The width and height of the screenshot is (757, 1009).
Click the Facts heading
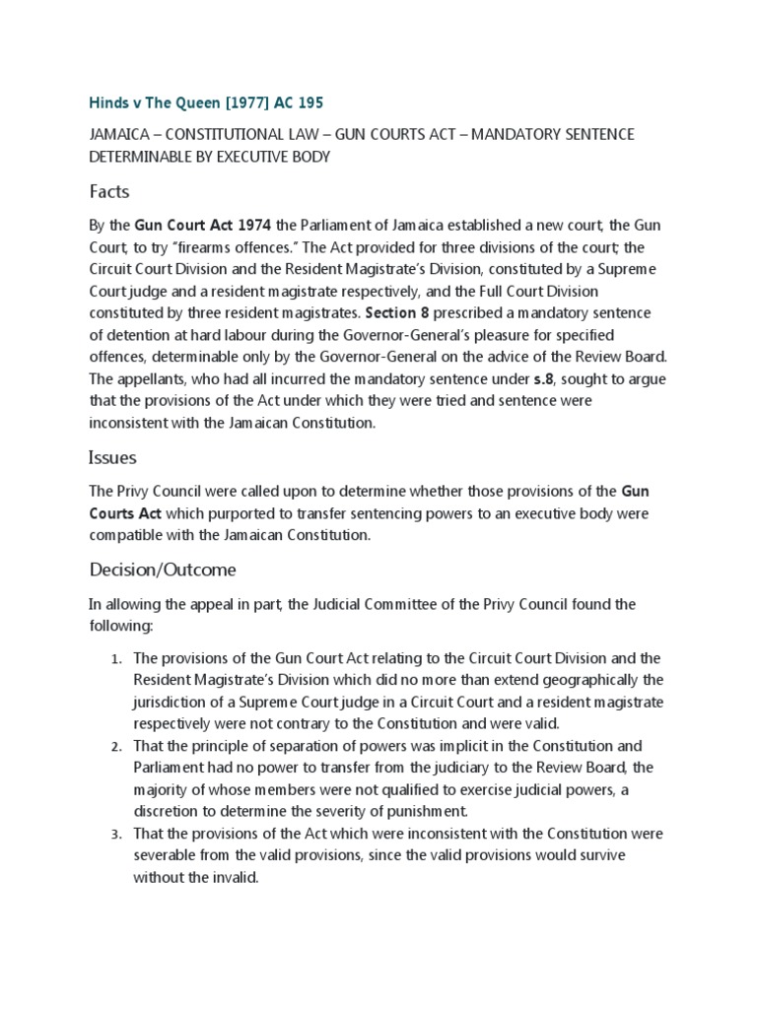pyautogui.click(x=109, y=190)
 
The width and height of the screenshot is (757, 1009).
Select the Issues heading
pyautogui.click(x=112, y=457)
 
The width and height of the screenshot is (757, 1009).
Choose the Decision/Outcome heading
pyautogui.click(x=163, y=570)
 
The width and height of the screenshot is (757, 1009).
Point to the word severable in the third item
pyautogui.click(x=165, y=854)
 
